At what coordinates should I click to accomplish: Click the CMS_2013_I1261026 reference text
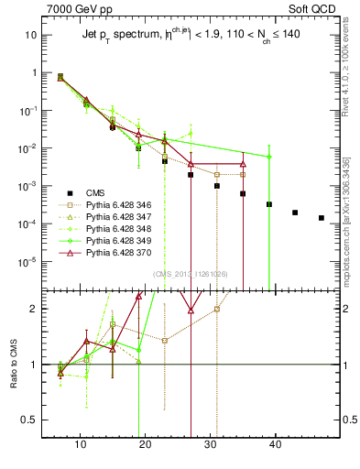[190, 273]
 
